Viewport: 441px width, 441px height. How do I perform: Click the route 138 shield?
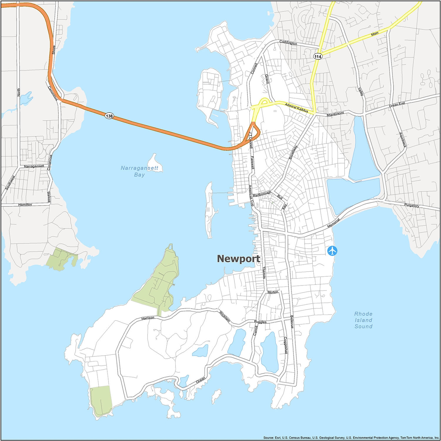click(109, 116)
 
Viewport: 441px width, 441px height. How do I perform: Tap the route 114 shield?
click(318, 56)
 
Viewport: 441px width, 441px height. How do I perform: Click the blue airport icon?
click(332, 251)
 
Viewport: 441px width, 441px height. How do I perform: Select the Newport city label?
click(238, 259)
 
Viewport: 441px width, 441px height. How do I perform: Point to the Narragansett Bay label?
click(140, 171)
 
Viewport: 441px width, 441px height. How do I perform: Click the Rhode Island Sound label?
click(363, 320)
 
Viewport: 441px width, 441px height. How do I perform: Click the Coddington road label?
click(288, 43)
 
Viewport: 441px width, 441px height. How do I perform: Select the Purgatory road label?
click(411, 206)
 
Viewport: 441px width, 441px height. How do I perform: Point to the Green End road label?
click(397, 104)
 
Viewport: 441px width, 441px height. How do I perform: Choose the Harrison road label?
click(148, 318)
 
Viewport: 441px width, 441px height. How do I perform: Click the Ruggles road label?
click(260, 322)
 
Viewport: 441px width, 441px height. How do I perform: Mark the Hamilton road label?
click(25, 204)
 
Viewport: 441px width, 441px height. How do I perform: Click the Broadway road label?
click(293, 152)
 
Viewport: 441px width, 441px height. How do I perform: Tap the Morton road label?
click(273, 292)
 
